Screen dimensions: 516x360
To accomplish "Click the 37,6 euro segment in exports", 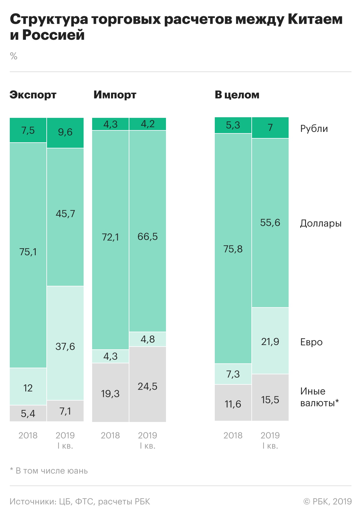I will [x=65, y=343].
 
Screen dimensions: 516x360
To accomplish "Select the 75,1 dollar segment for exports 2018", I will [x=28, y=255].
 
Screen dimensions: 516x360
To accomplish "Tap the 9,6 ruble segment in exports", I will [x=65, y=133].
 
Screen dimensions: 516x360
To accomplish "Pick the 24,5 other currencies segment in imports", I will [x=148, y=384].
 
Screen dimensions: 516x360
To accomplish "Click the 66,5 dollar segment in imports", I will [x=148, y=231].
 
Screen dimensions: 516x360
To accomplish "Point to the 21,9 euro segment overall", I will [x=270, y=341].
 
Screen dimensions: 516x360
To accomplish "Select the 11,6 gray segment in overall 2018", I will [x=233, y=402].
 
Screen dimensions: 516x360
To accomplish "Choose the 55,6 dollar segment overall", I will [x=270, y=223].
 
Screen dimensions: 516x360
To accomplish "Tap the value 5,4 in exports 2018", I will [x=28, y=414].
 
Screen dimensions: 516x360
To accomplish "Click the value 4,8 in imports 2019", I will [x=148, y=339].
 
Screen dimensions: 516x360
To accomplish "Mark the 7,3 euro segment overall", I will [x=233, y=374].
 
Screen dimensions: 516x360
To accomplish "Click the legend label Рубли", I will [x=314, y=129].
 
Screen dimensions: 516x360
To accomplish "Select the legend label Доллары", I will [x=321, y=223].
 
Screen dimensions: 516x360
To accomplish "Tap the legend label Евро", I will [x=311, y=342].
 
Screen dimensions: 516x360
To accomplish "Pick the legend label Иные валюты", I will [x=319, y=397].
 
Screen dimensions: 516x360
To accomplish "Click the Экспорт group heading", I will [x=33, y=95].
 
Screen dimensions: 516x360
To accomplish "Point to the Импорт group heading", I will [x=115, y=95].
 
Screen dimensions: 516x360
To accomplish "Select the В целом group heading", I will [x=237, y=95].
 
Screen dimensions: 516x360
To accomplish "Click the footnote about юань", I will [x=49, y=471].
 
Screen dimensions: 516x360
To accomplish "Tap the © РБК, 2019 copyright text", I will [x=327, y=501].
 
